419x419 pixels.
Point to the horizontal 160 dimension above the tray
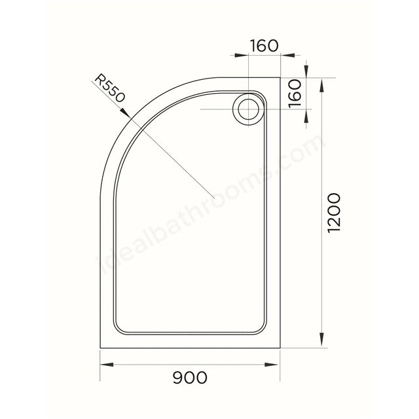click(x=264, y=46)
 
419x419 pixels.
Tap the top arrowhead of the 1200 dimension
click(x=321, y=82)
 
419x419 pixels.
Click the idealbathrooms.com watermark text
click(x=209, y=209)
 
